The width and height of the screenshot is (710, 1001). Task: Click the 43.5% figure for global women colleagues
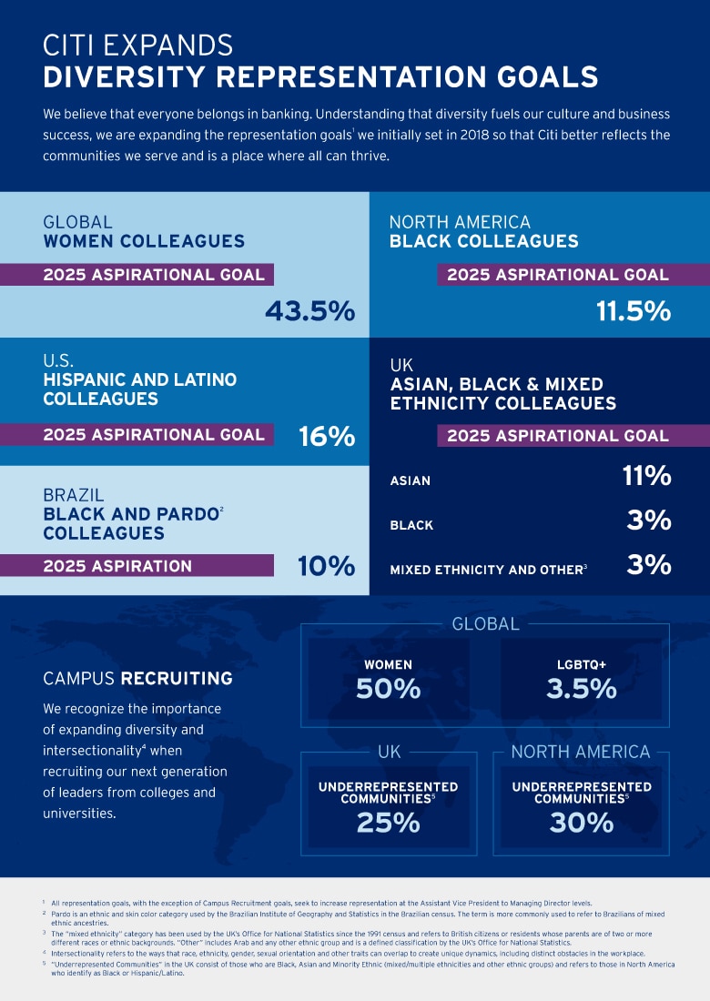(309, 311)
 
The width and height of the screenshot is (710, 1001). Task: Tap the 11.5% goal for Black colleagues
(634, 311)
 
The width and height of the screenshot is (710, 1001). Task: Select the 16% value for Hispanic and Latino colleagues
(327, 437)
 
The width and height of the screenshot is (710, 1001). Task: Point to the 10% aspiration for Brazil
(327, 566)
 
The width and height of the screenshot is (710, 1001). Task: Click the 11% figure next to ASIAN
(647, 476)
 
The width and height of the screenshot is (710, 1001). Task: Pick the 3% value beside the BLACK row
(649, 521)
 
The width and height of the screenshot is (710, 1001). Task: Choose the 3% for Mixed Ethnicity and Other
(649, 565)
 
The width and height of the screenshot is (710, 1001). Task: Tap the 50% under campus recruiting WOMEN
(388, 689)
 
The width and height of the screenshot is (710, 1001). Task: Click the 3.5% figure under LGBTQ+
(581, 689)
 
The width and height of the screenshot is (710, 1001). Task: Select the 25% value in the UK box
(388, 823)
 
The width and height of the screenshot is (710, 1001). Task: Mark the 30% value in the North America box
(581, 823)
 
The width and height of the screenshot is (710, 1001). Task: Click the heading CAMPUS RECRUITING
(137, 679)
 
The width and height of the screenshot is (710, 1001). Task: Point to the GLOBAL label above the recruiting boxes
(485, 624)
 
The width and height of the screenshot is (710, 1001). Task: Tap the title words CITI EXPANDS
(137, 45)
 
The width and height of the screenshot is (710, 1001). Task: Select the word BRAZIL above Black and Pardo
(74, 496)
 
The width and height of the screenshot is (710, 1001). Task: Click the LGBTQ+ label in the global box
(581, 664)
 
